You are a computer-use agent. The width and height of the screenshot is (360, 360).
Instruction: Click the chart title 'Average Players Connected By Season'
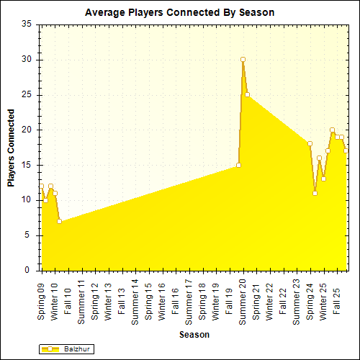pos(179,13)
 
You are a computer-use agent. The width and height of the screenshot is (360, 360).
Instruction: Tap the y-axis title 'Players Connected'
pos(12,148)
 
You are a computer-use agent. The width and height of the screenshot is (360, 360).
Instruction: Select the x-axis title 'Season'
pos(194,335)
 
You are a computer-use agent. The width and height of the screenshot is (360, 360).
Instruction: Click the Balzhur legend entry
pos(67,348)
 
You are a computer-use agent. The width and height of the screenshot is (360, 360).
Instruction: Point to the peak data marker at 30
pos(243,59)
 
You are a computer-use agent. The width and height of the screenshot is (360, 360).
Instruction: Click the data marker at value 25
pos(247,94)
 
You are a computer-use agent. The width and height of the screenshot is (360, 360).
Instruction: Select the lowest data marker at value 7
pos(59,221)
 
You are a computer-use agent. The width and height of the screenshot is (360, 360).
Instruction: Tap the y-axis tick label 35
pos(26,24)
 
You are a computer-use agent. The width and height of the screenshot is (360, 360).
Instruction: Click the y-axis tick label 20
pos(26,130)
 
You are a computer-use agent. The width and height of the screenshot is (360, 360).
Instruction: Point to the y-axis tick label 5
pos(28,235)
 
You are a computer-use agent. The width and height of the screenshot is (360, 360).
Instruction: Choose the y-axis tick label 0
pos(28,270)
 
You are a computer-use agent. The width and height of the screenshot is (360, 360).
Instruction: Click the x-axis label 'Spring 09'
pos(41,297)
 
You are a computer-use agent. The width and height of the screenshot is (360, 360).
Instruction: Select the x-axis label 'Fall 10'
pos(68,293)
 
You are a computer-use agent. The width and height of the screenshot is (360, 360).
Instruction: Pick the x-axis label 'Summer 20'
pos(243,299)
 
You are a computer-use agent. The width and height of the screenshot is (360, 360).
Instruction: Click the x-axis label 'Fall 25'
pos(336,293)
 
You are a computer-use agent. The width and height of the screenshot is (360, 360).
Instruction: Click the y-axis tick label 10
pos(26,200)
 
